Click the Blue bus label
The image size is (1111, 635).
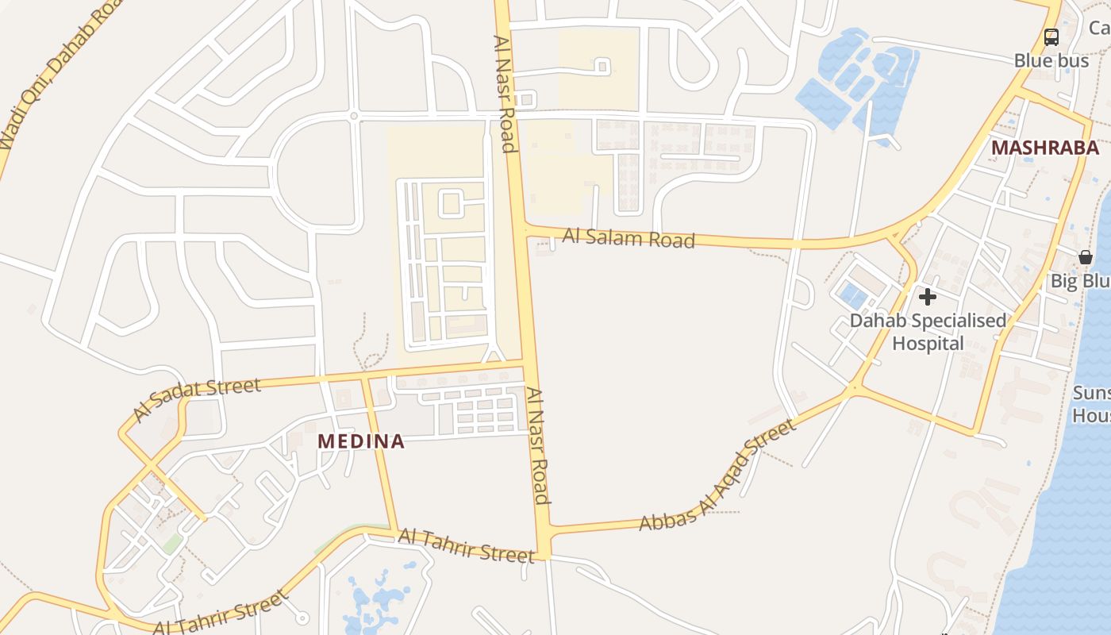click(1051, 60)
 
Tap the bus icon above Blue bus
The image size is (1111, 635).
click(1051, 37)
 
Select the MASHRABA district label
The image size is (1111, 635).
click(1044, 148)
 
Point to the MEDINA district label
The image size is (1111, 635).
click(361, 441)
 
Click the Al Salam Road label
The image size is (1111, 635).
click(629, 237)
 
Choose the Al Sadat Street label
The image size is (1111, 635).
click(196, 398)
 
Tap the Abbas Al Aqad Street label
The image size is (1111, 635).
click(717, 476)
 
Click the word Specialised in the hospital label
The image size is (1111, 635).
click(959, 321)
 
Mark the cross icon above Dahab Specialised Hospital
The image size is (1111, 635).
click(927, 298)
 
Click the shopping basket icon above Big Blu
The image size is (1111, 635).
click(1085, 257)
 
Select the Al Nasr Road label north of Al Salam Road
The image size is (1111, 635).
click(505, 94)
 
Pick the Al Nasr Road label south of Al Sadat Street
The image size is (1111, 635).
click(537, 445)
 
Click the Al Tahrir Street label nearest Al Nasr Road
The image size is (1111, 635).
click(466, 546)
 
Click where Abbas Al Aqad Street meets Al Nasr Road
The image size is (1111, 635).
click(544, 529)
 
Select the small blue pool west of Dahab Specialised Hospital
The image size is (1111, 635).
click(854, 296)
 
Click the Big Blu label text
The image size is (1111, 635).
click(1080, 282)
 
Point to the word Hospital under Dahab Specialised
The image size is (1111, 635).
click(928, 344)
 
